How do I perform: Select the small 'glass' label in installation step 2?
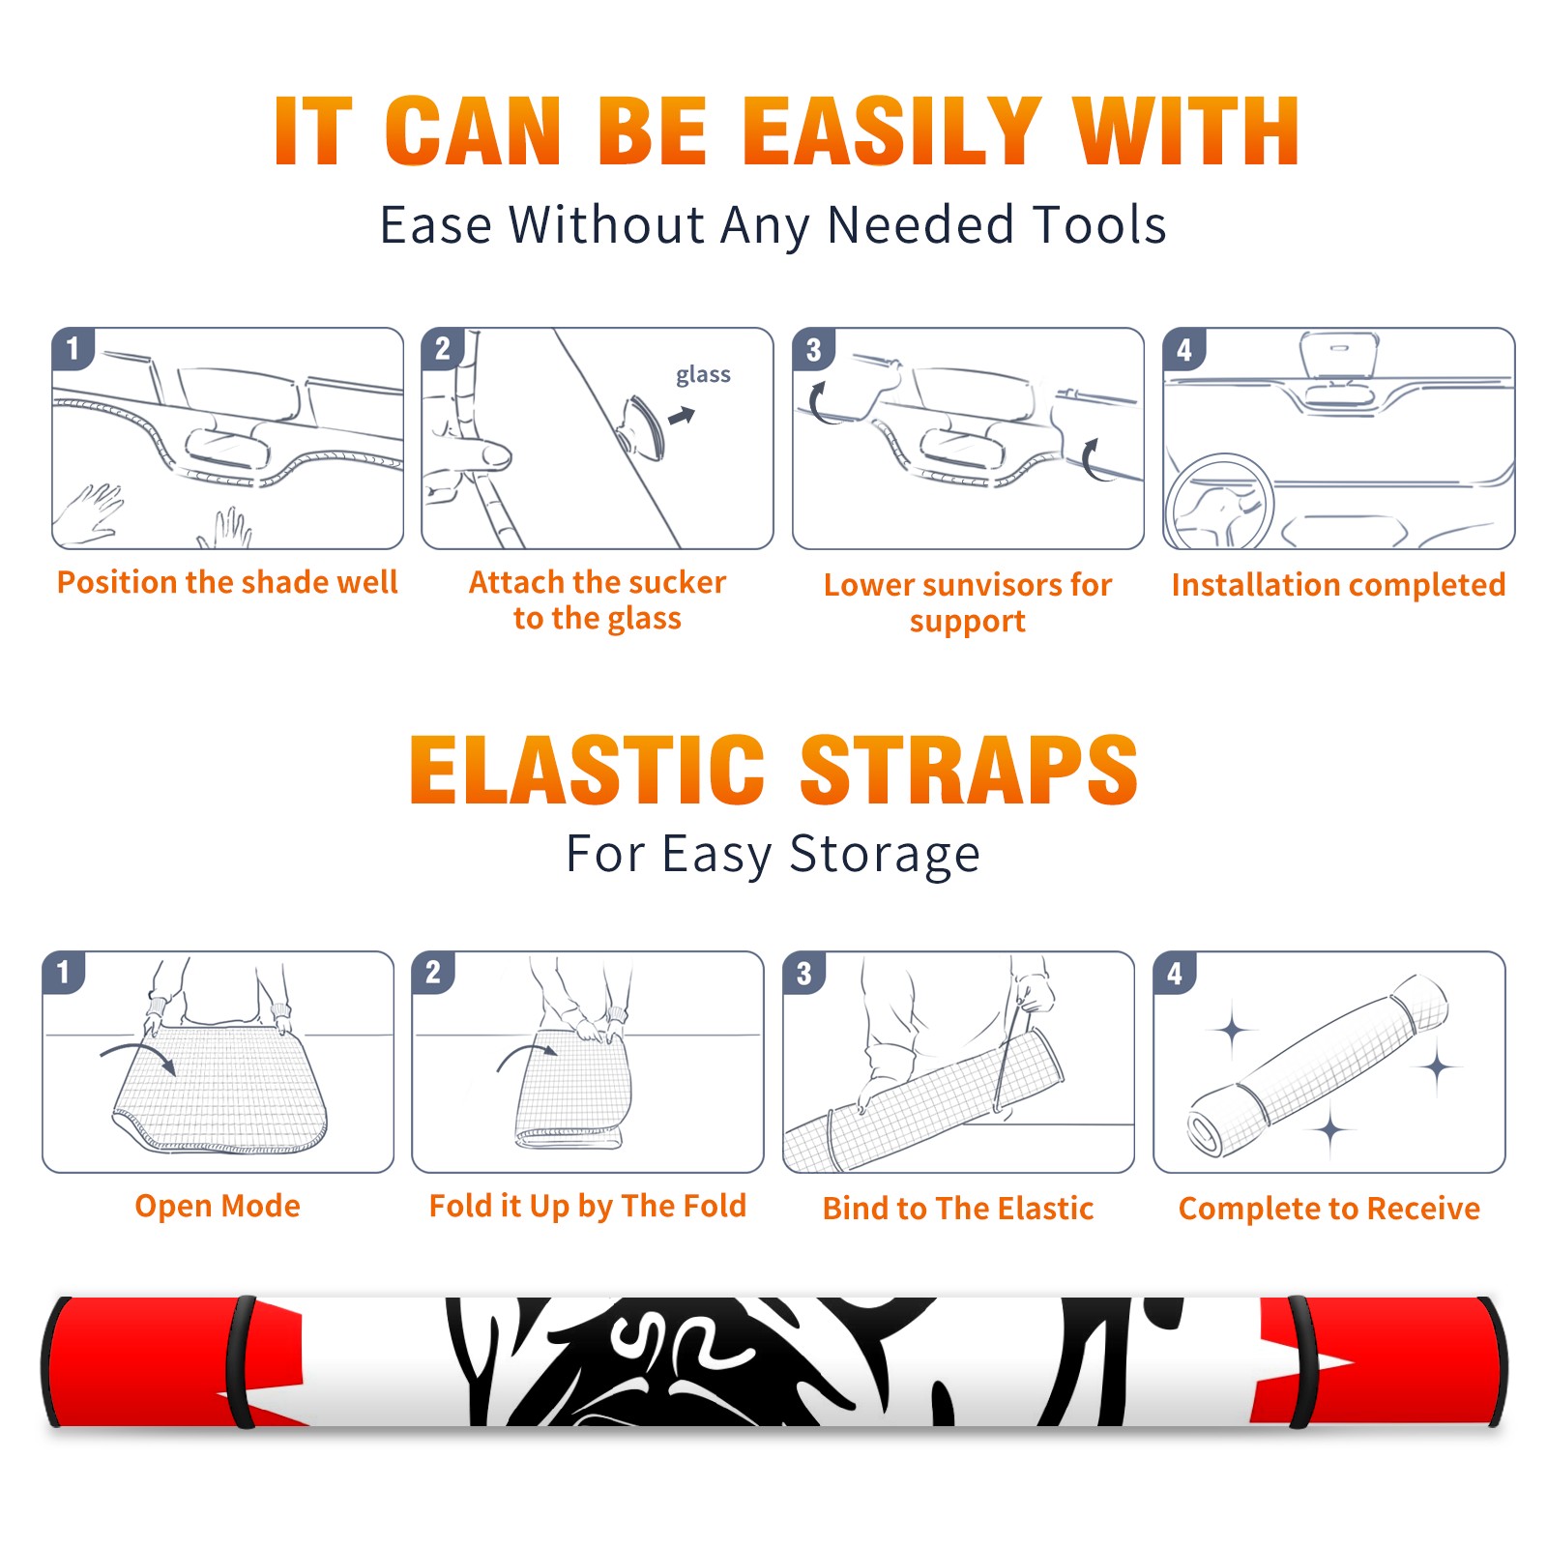pyautogui.click(x=703, y=375)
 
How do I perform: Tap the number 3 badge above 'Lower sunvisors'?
pyautogui.click(x=813, y=349)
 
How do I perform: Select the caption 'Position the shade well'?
pyautogui.click(x=227, y=582)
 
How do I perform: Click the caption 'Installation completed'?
pyautogui.click(x=1338, y=585)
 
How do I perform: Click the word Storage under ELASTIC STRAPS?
pyautogui.click(x=885, y=855)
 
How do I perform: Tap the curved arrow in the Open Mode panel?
pyautogui.click(x=138, y=1055)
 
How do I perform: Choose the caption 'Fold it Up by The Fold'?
pyautogui.click(x=588, y=1206)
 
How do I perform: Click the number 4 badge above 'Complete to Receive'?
pyautogui.click(x=1175, y=973)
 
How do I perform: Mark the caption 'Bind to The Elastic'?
pyautogui.click(x=958, y=1209)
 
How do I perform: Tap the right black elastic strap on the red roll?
pyautogui.click(x=1301, y=1361)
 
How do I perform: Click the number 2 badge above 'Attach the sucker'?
pyautogui.click(x=443, y=349)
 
